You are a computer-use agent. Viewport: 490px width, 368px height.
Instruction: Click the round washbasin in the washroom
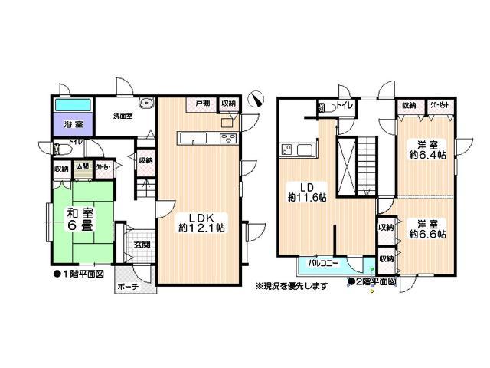point(145,106)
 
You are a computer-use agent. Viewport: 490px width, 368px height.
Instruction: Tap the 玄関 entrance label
point(142,245)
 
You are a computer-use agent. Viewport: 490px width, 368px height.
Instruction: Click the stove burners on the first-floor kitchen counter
point(228,138)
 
